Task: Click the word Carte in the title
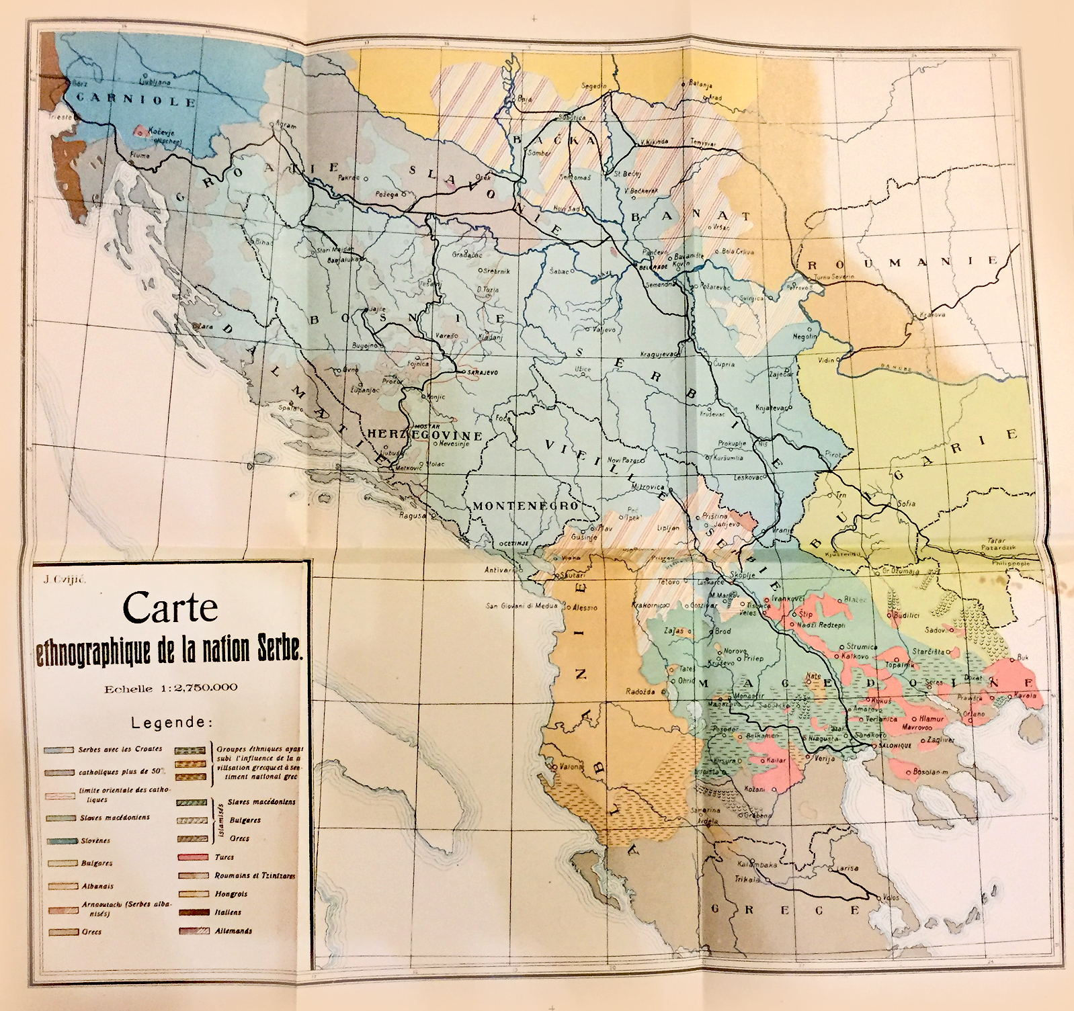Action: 170,608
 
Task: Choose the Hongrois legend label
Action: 232,895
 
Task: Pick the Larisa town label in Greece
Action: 849,869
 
